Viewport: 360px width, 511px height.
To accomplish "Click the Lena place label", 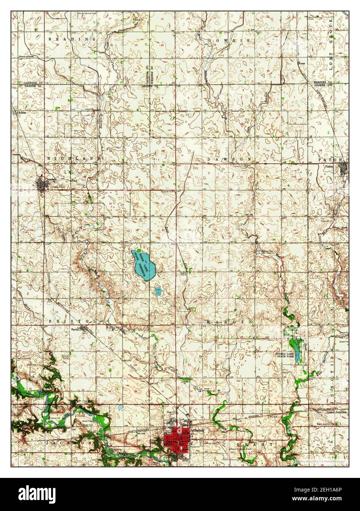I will pyautogui.click(x=303, y=63).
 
